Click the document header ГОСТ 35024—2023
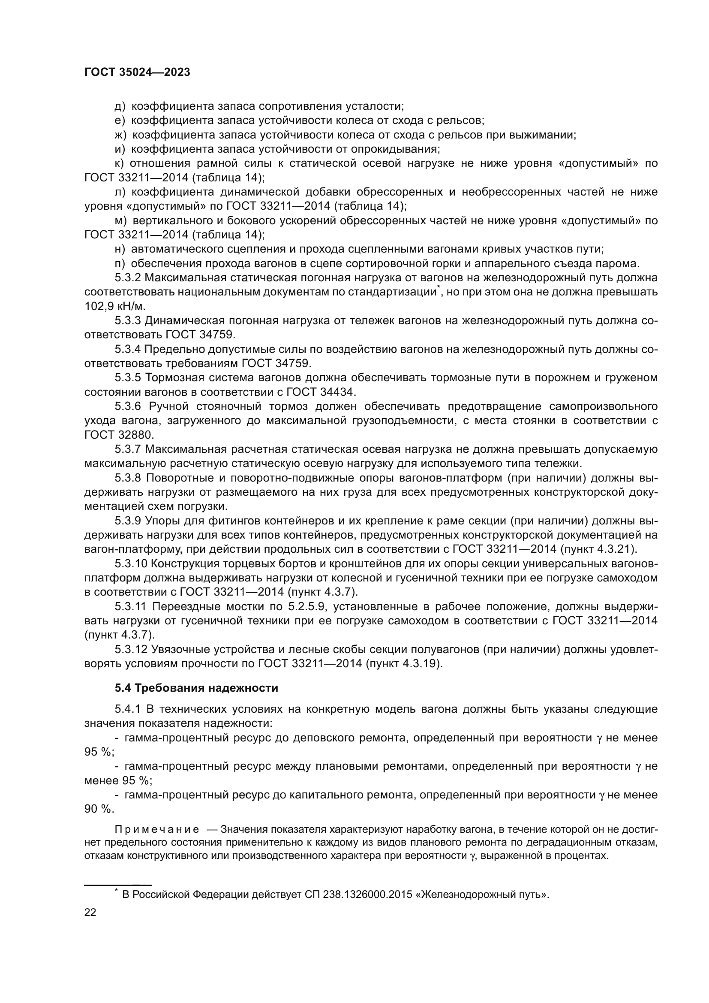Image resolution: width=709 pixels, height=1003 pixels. tap(137, 72)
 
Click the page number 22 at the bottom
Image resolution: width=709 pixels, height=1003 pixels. tap(90, 912)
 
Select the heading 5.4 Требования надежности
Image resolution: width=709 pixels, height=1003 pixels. tap(196, 688)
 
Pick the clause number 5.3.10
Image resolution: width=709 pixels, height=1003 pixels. tap(130, 563)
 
